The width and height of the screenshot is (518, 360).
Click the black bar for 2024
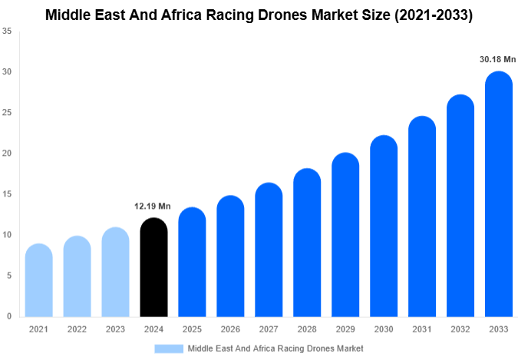tap(153, 269)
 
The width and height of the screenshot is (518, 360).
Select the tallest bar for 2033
tap(499, 196)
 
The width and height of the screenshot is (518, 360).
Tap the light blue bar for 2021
tap(38, 282)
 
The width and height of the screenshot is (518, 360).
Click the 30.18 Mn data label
tap(497, 59)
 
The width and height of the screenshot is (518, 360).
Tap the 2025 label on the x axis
tap(192, 329)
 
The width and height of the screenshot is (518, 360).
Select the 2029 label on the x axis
tap(345, 329)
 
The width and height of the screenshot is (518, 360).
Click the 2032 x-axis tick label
tap(460, 329)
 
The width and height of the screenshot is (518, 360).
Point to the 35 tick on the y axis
tap(7, 31)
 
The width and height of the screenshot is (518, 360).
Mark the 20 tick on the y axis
tap(7, 154)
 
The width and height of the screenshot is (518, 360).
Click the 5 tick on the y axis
tap(8, 276)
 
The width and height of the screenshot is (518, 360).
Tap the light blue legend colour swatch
tap(169, 348)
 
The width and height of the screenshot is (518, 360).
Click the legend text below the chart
tap(275, 348)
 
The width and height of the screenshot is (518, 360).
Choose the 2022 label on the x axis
tap(77, 329)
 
